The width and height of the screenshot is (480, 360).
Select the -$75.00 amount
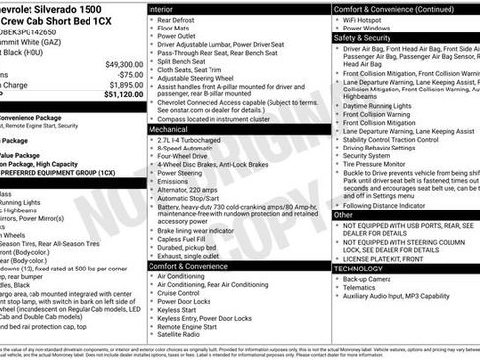pos(129,74)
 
